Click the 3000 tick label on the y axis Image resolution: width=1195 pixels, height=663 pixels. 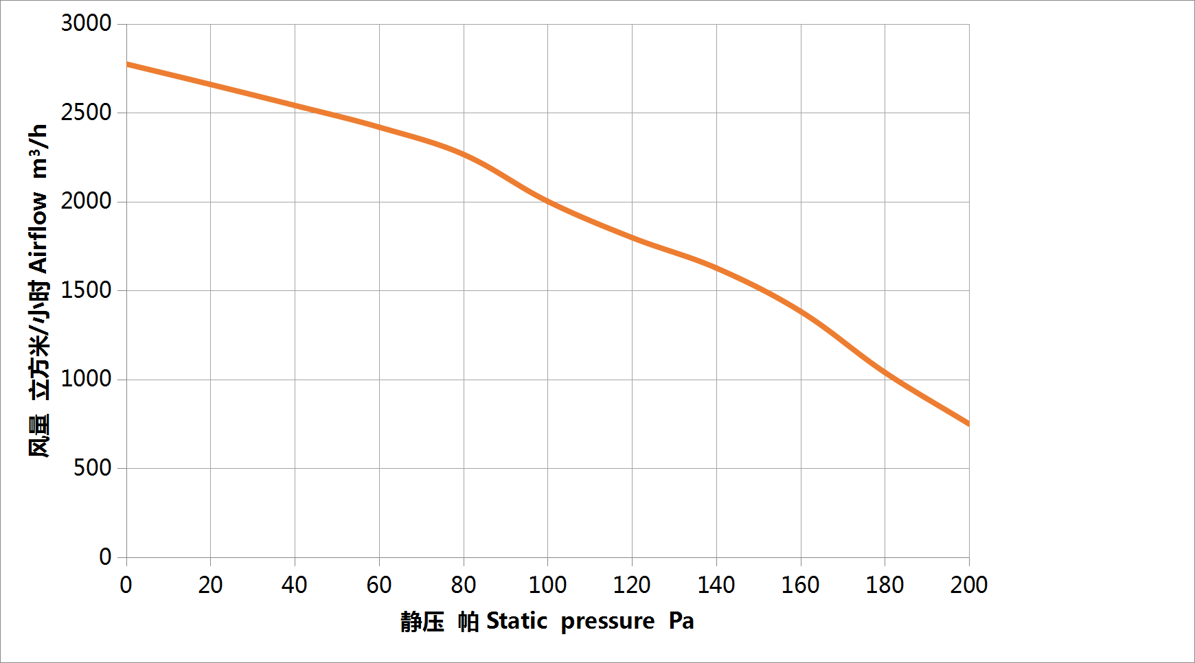86,23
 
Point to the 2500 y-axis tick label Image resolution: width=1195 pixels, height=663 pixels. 86,113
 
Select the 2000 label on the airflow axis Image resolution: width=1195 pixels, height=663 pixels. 86,201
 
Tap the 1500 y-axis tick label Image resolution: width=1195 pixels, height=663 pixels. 86,290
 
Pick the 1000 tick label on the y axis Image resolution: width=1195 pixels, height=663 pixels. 86,379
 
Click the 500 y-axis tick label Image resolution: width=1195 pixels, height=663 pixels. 92,468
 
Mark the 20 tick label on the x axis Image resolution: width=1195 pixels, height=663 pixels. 210,585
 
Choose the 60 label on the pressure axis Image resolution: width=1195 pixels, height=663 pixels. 379,585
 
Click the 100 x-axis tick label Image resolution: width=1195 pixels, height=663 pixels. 547,585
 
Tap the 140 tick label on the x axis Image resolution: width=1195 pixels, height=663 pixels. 716,585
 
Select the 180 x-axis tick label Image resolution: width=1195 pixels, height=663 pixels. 885,585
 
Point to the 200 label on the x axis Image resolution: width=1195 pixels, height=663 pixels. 969,585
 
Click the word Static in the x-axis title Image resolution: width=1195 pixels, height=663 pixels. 516,621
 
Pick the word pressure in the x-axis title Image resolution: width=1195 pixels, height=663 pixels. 608,622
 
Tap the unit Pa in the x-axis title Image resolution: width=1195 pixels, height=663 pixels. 681,621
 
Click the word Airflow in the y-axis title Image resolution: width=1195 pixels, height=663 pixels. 38,233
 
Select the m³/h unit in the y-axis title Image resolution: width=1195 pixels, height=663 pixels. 38,152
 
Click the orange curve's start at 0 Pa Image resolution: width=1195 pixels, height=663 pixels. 128,65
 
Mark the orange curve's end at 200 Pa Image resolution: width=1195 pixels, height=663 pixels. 968,423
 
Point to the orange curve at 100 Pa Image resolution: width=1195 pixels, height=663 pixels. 547,201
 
